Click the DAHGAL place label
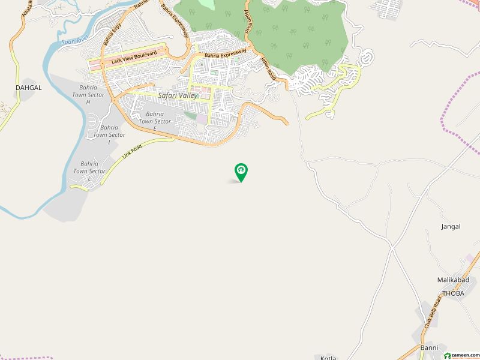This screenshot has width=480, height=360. click(28, 88)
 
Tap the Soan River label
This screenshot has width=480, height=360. click(71, 41)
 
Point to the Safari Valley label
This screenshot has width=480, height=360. click(178, 95)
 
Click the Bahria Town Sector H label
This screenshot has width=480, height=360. click(88, 95)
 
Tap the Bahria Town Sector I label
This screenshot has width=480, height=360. click(109, 135)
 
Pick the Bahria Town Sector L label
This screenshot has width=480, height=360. click(89, 171)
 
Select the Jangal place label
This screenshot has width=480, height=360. click(451, 227)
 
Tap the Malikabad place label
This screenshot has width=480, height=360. click(452, 280)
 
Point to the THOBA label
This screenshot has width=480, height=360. click(453, 293)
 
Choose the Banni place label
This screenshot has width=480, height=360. click(429, 348)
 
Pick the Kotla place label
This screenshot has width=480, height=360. click(329, 357)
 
